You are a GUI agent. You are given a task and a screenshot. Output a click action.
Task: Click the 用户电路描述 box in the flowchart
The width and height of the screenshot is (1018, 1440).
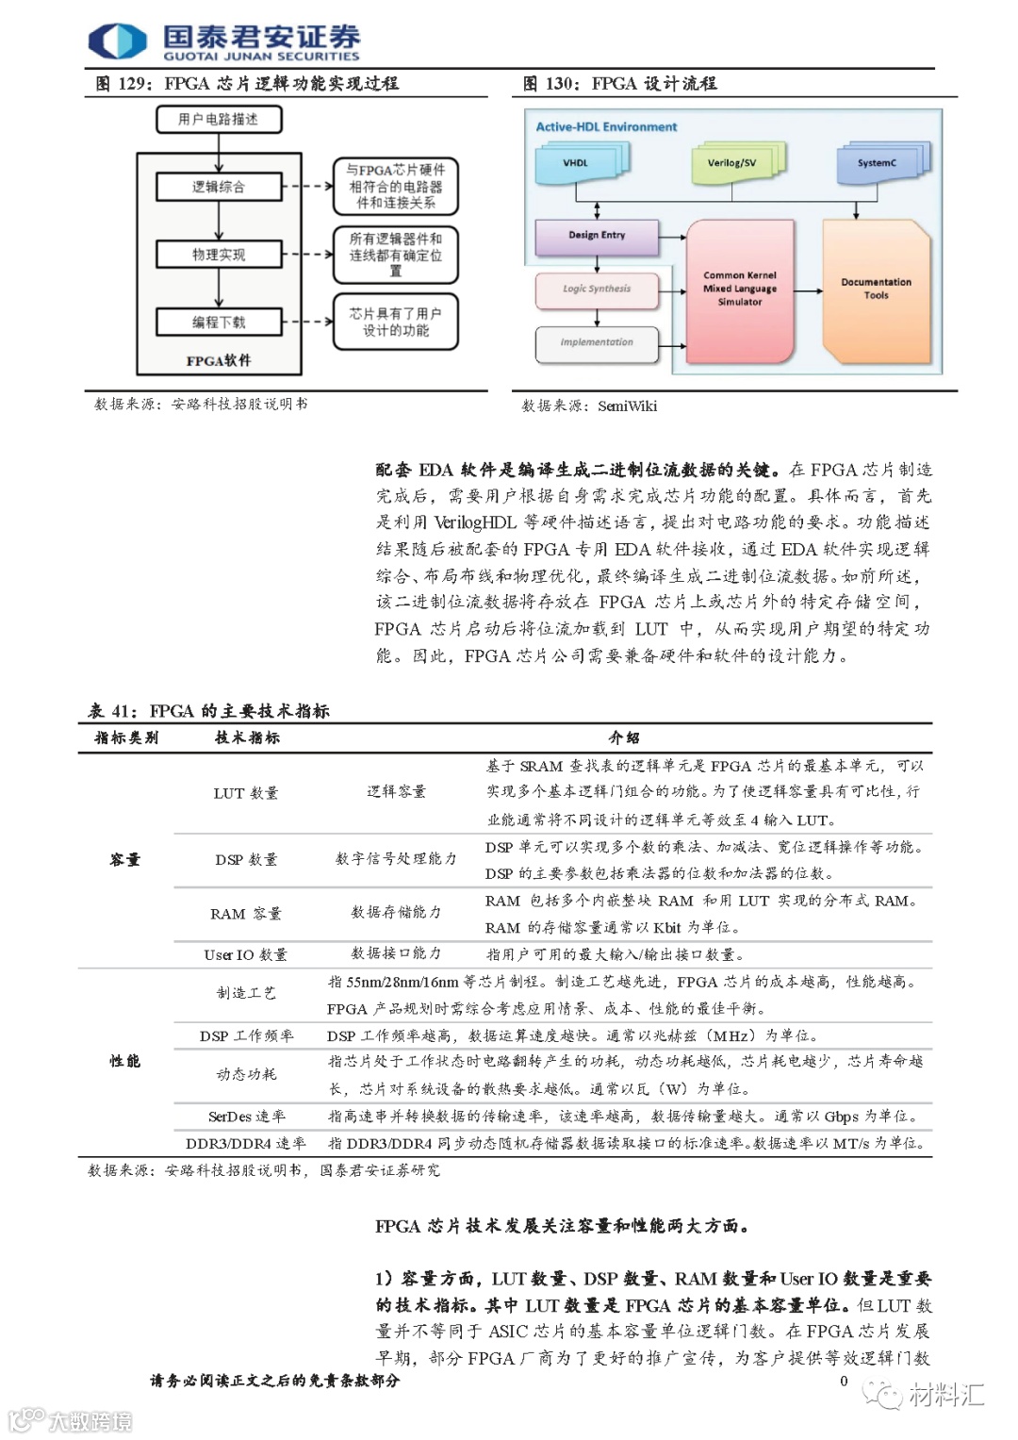219,120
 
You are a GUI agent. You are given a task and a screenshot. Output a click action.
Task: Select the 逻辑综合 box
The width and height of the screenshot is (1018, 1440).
219,187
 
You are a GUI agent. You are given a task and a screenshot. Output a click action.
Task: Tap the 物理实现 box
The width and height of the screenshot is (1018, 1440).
219,255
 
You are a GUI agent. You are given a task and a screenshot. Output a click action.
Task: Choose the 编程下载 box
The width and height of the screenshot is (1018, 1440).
219,323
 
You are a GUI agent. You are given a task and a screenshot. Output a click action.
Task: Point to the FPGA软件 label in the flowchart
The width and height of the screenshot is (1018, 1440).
219,360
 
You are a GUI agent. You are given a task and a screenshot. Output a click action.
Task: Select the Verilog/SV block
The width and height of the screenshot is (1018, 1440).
732,163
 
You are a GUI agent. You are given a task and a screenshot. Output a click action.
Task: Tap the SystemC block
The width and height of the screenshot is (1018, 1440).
877,163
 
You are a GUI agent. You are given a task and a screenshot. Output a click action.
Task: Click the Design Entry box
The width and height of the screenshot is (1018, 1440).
597,236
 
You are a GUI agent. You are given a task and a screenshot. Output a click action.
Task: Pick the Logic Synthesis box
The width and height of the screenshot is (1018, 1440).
597,290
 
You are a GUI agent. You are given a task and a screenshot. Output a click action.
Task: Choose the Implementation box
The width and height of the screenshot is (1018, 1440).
597,342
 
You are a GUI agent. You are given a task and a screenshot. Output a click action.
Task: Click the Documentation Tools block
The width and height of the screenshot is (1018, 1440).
876,289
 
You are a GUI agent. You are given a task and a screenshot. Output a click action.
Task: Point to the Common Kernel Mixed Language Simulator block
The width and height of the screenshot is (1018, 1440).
740,289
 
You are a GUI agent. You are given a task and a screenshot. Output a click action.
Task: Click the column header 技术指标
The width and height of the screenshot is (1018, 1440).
247,737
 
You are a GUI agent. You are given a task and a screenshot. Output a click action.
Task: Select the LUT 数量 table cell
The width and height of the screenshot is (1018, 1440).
246,793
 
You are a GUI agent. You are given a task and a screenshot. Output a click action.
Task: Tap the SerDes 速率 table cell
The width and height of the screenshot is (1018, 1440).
246,1117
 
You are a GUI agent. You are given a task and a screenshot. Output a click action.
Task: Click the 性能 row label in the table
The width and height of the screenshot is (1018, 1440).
124,1061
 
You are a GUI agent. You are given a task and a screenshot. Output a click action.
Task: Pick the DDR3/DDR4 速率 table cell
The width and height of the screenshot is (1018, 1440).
246,1143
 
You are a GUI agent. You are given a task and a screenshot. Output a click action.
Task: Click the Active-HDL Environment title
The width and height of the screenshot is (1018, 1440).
606,127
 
